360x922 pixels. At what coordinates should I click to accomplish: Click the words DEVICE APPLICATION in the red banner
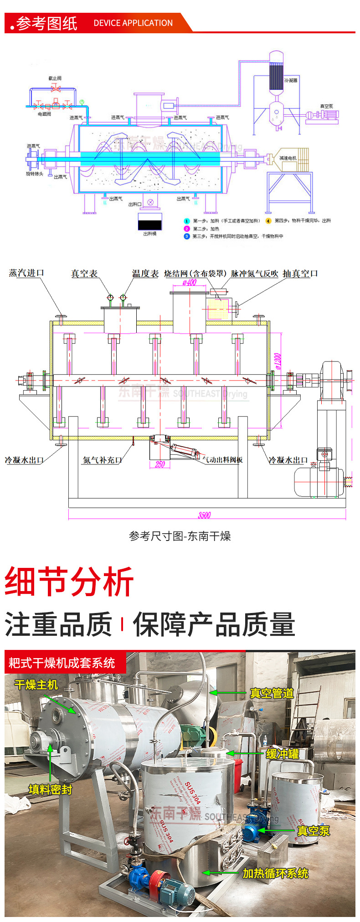[133, 23]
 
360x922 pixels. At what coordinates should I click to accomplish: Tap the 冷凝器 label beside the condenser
[291, 80]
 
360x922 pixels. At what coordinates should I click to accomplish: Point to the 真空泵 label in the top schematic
[326, 106]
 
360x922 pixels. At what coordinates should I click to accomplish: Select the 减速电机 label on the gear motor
[288, 158]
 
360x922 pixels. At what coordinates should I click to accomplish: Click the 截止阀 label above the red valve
[55, 78]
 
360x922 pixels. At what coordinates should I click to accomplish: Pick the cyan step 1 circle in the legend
[186, 221]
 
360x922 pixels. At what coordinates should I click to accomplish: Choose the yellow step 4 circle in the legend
[268, 221]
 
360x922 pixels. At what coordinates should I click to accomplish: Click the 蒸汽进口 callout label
[26, 273]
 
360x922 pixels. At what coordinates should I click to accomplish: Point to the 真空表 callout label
[84, 273]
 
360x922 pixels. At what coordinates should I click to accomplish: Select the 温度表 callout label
[145, 273]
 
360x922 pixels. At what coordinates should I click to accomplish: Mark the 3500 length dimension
[204, 515]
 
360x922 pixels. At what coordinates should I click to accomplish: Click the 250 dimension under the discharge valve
[159, 464]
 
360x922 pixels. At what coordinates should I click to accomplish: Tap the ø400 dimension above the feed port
[189, 283]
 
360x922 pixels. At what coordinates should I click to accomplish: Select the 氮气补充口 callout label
[102, 460]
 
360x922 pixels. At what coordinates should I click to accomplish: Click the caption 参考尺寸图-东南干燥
[180, 536]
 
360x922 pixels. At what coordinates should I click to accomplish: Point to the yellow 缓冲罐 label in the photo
[283, 754]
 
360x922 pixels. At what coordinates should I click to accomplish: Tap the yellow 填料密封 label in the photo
[51, 790]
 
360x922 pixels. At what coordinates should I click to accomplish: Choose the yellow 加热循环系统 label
[275, 873]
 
